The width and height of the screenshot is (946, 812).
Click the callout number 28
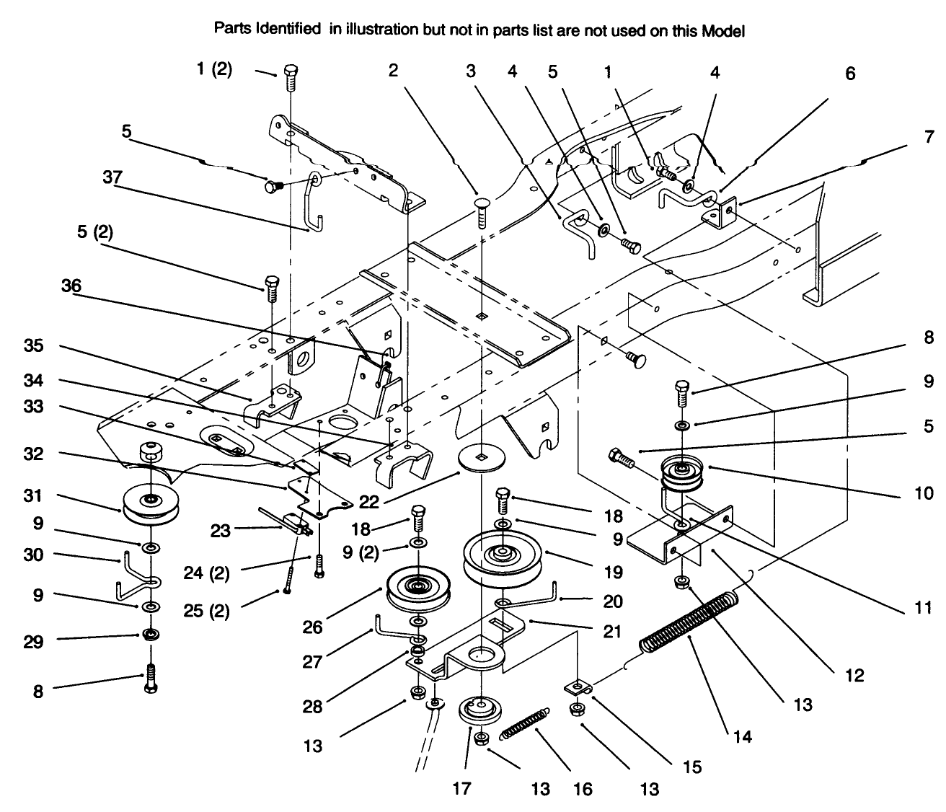point(312,707)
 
